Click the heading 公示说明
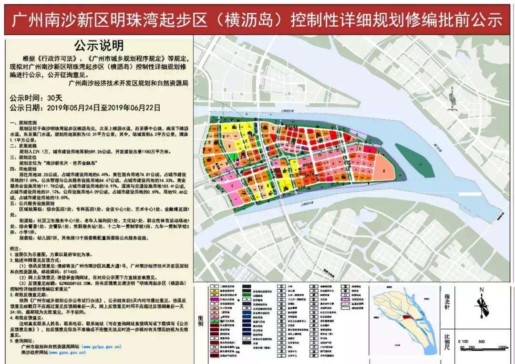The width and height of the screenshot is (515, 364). (x=99, y=45)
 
